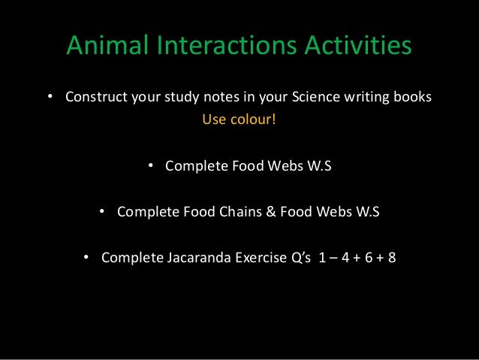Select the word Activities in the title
pyautogui.click(x=358, y=46)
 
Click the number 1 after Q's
pyautogui.click(x=323, y=258)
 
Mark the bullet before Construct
pyautogui.click(x=50, y=98)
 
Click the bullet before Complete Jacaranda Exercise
pyautogui.click(x=86, y=258)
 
